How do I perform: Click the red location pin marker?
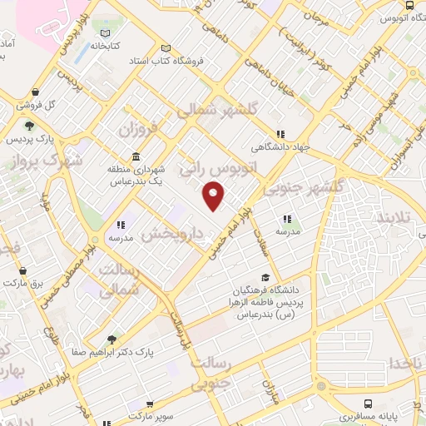(214, 196)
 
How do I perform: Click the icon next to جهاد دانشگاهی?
(280, 133)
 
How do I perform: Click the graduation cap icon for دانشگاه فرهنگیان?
(265, 278)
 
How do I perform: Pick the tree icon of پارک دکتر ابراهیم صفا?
(111, 339)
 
